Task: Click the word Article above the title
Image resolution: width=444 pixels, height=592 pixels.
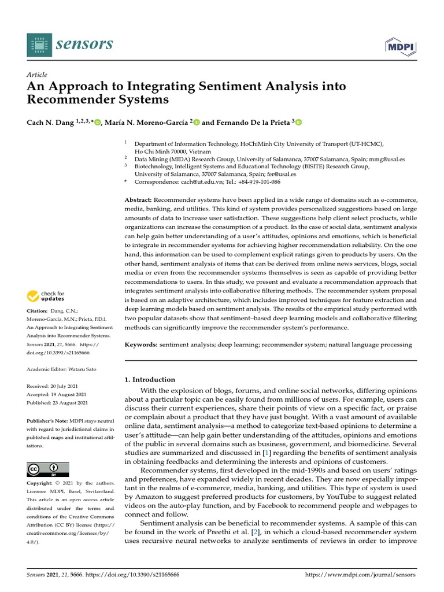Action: pos(37,75)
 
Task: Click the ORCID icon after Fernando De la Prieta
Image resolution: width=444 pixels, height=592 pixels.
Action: pos(299,122)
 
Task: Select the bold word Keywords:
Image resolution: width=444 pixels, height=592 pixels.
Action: pos(141,345)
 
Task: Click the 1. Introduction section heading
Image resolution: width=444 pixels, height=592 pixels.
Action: pos(150,379)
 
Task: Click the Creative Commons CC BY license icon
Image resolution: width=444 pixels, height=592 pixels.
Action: pos(48,469)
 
